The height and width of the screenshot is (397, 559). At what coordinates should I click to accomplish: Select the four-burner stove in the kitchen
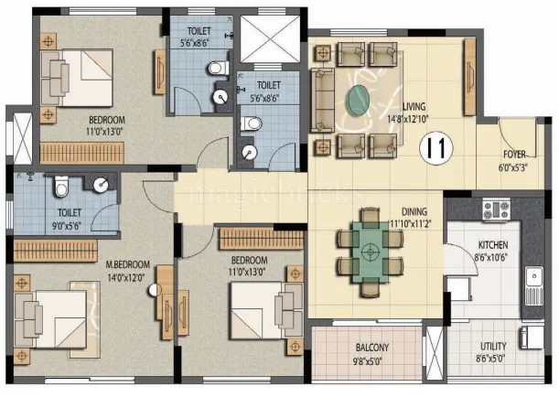[x=496, y=209]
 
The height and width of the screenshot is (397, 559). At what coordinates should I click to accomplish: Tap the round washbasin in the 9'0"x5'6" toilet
[x=100, y=184]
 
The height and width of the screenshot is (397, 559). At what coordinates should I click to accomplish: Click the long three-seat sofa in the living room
[x=322, y=98]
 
